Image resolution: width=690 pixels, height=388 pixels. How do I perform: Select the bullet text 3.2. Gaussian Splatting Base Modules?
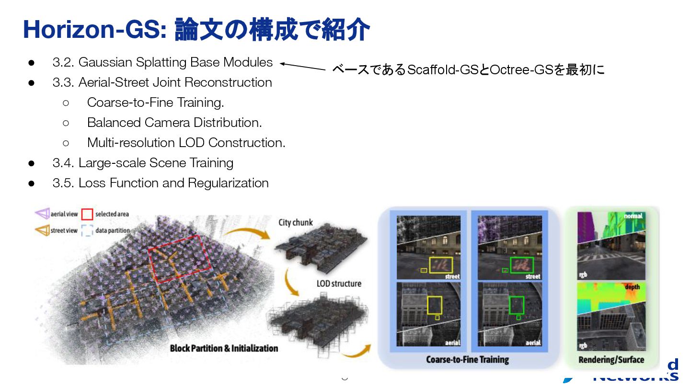[x=162, y=62]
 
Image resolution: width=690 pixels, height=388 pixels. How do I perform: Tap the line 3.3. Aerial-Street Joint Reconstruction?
[x=162, y=82]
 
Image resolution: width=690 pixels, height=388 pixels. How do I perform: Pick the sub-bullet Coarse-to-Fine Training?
[x=155, y=103]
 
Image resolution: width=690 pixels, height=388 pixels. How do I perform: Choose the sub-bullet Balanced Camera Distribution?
[x=174, y=123]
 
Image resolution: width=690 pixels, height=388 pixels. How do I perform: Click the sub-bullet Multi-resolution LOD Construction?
[x=186, y=143]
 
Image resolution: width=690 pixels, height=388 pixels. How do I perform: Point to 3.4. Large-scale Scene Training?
[x=143, y=163]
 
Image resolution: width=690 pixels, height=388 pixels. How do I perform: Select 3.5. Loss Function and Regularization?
[x=161, y=183]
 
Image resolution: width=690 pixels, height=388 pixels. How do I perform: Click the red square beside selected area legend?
[x=87, y=214]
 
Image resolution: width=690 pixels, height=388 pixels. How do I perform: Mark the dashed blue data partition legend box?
[x=87, y=231]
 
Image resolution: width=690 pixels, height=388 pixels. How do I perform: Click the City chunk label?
[x=295, y=222]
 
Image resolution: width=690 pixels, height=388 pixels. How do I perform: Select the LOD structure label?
[x=338, y=284]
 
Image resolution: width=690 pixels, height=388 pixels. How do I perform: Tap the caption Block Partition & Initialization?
[x=224, y=348]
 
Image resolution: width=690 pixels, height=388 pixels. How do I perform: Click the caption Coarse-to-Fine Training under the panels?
[x=467, y=359]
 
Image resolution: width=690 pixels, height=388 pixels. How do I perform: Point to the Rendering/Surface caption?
[x=611, y=359]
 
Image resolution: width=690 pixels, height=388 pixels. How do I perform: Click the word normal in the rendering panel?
[x=633, y=216]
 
